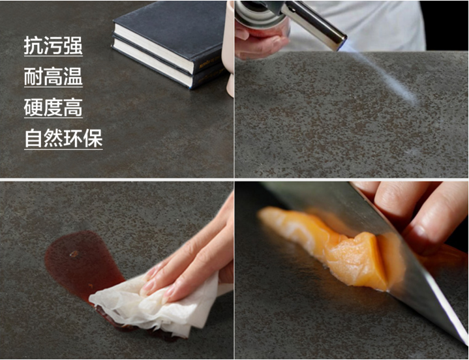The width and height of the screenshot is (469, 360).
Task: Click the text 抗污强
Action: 53,46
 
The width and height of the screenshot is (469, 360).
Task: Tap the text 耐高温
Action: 53,76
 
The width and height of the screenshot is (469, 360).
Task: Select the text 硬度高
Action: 53,108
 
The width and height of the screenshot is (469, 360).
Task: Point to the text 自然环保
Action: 63,138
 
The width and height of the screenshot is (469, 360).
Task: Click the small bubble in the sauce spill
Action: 74,254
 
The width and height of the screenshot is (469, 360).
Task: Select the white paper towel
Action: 155,305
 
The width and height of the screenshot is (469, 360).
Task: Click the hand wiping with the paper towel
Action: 191,263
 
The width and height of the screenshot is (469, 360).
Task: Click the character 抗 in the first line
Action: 33,46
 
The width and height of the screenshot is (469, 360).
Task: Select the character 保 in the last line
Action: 93,138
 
